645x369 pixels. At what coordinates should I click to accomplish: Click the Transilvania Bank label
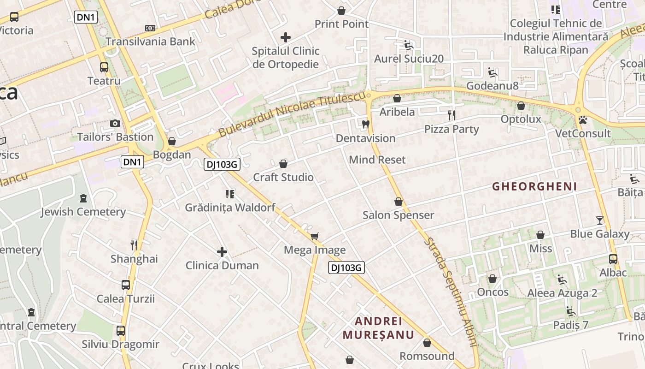coord(151,42)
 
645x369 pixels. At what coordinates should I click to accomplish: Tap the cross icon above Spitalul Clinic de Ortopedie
coord(286,37)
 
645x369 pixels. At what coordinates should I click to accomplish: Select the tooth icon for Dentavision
coord(366,124)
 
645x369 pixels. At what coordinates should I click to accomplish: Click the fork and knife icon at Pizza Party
coord(451,115)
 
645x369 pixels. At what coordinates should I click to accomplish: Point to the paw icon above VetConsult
coord(583,120)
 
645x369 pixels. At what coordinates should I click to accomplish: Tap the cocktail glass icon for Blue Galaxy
coord(599,220)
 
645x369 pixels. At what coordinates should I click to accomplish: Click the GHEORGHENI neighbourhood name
coord(534,186)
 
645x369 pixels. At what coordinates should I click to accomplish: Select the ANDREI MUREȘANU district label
coord(378,328)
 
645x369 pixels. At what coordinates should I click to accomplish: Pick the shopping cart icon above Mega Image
coord(315,237)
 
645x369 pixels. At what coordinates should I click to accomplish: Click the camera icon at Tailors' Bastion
coord(115,123)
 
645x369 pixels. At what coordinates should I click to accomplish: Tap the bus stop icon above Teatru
coord(104,67)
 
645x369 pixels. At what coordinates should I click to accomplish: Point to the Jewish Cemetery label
coord(83,212)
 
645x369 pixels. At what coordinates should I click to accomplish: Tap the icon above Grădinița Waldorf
coord(230,194)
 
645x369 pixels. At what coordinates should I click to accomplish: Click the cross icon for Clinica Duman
coord(222,252)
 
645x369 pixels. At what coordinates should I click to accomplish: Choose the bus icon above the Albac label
coord(613,259)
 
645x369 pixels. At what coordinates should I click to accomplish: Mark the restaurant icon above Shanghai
coord(134,245)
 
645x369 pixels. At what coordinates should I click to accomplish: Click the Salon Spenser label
coord(398,215)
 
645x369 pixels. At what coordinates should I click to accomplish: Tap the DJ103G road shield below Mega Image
coord(346,268)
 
